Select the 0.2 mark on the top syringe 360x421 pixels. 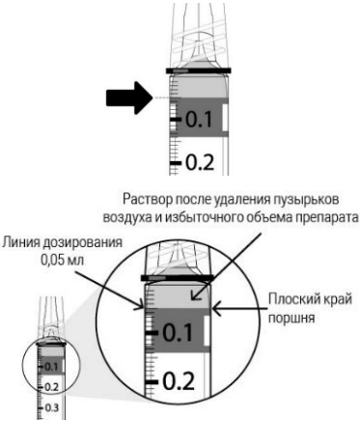coord(196,160)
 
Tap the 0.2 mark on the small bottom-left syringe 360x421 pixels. coord(54,386)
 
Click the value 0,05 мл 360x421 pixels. coord(54,260)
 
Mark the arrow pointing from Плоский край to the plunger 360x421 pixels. coord(232,309)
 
